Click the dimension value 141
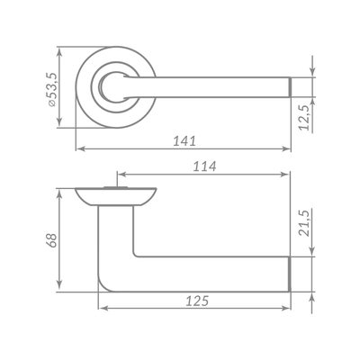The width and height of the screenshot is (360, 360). point(184,141)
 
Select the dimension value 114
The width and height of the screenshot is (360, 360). point(204,166)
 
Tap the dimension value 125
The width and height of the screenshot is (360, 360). point(197,301)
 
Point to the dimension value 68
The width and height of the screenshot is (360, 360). point(51,240)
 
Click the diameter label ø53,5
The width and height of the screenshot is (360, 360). point(51,89)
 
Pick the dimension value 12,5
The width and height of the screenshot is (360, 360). point(304,118)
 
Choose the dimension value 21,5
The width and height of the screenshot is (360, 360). point(304,223)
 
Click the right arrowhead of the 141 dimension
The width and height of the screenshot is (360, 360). point(287,148)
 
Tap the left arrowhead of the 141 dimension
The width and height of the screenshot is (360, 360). point(79,148)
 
